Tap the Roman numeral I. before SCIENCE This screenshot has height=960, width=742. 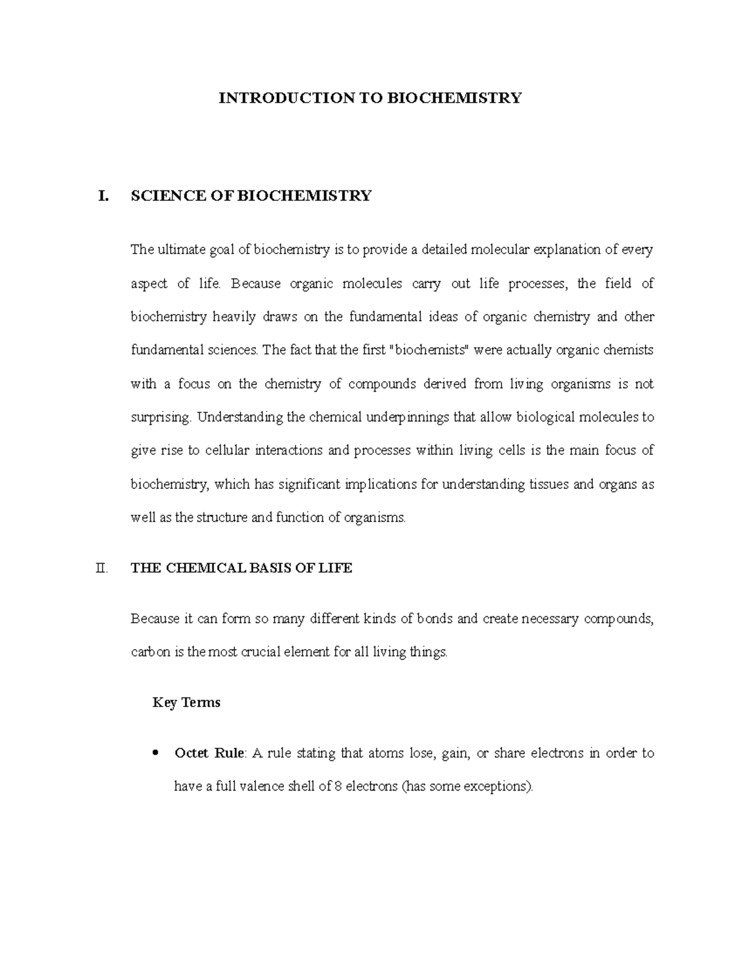click(103, 196)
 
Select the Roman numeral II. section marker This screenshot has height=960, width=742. click(101, 568)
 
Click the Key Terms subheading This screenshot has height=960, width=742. click(186, 703)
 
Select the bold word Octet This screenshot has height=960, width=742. click(191, 753)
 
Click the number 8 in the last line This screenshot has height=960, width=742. click(338, 787)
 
